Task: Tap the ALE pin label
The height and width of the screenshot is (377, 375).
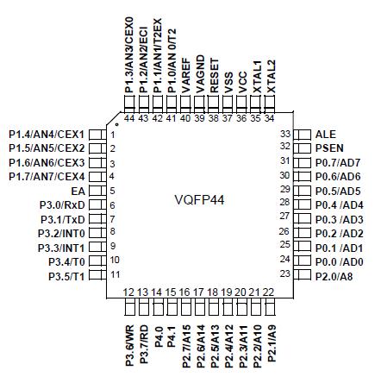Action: tap(326, 135)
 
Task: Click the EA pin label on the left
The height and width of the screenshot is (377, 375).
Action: tap(78, 190)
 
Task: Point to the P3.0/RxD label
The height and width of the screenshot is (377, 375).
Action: tap(62, 204)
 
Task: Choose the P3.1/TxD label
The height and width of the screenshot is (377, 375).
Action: tap(62, 218)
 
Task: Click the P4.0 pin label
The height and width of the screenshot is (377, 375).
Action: tap(158, 334)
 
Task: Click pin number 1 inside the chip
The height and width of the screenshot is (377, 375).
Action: tap(112, 135)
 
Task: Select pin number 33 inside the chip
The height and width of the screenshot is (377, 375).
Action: tap(286, 135)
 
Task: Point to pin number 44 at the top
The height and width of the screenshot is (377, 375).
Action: tap(129, 117)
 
